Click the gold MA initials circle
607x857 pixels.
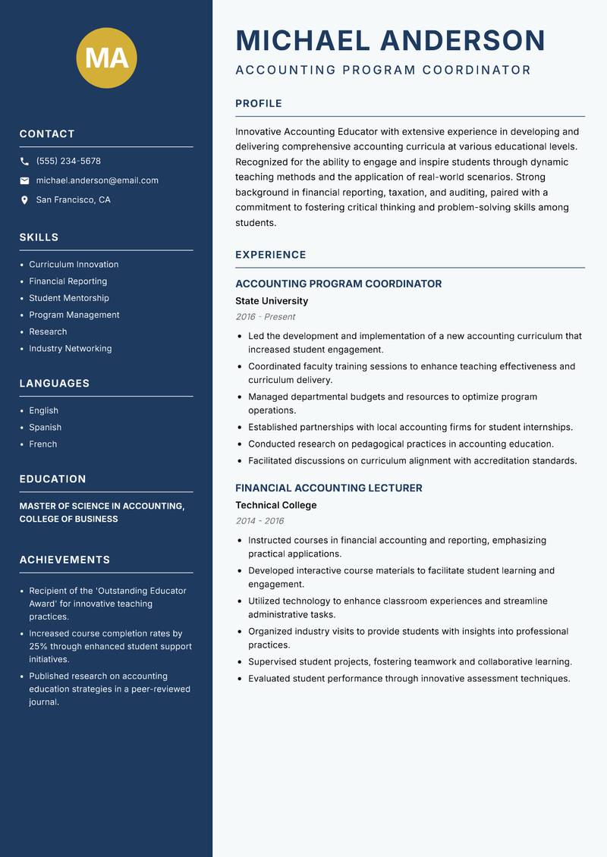pyautogui.click(x=107, y=58)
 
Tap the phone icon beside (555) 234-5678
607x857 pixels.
pyautogui.click(x=24, y=162)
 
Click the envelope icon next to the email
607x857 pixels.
pyautogui.click(x=24, y=181)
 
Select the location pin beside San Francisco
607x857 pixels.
pyautogui.click(x=24, y=200)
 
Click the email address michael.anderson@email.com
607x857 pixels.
pyautogui.click(x=97, y=181)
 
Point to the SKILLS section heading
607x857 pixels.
pyautogui.click(x=39, y=237)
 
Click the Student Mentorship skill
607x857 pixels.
pyautogui.click(x=69, y=298)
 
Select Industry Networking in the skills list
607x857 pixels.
pyautogui.click(x=71, y=349)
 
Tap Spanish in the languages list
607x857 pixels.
pyautogui.click(x=46, y=428)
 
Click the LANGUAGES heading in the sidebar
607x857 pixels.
pyautogui.click(x=55, y=384)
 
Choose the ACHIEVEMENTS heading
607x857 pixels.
pyautogui.click(x=64, y=560)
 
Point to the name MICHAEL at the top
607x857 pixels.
pyautogui.click(x=303, y=40)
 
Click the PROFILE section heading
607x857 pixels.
pyautogui.click(x=259, y=104)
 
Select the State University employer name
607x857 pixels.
pyautogui.click(x=272, y=301)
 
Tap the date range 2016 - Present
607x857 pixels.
pyautogui.click(x=266, y=317)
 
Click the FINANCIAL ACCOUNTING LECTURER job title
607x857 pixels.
pyautogui.click(x=329, y=488)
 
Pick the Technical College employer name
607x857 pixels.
pyautogui.click(x=276, y=505)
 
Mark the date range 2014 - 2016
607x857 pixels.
pyautogui.click(x=259, y=521)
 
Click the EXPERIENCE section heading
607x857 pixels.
pyautogui.click(x=271, y=255)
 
